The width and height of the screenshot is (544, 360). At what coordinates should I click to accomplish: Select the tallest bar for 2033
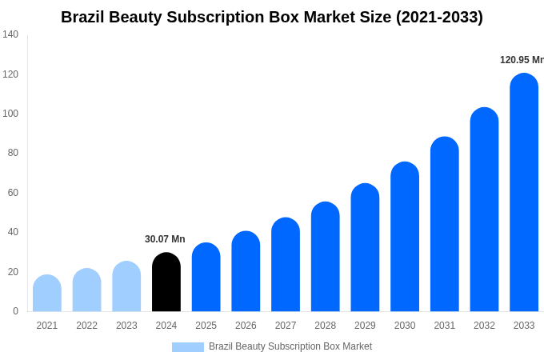[x=524, y=192]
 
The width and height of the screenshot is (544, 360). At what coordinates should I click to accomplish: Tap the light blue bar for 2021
[x=47, y=294]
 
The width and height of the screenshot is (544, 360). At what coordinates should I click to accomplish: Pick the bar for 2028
[x=326, y=257]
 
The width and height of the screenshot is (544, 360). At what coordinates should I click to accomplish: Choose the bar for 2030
[x=405, y=237]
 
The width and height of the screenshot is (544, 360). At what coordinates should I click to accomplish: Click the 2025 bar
[x=206, y=278]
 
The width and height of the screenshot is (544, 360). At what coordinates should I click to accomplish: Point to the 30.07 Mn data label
[x=165, y=239]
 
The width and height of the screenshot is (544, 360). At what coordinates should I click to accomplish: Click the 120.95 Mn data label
[x=521, y=60]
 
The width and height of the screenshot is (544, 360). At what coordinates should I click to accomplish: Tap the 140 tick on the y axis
[x=10, y=34]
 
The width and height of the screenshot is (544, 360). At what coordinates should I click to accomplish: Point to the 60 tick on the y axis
[x=13, y=193]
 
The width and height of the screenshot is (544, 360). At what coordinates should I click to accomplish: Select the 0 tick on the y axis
[x=15, y=311]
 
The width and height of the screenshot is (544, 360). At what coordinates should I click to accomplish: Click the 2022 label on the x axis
[x=86, y=326]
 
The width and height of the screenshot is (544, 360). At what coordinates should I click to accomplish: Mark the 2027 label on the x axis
[x=286, y=326]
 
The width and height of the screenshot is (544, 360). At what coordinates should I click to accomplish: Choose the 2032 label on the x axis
[x=484, y=326]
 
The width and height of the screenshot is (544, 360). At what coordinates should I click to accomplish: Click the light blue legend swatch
[x=188, y=347]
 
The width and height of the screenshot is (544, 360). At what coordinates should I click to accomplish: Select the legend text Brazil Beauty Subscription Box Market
[x=290, y=346]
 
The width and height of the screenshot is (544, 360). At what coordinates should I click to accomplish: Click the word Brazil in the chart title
[x=84, y=17]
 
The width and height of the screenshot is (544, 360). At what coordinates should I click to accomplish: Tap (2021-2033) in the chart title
[x=439, y=17]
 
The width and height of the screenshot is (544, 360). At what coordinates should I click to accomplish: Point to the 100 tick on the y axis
[x=10, y=114]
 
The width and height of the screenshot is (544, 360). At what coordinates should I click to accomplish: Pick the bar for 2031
[x=445, y=224]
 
